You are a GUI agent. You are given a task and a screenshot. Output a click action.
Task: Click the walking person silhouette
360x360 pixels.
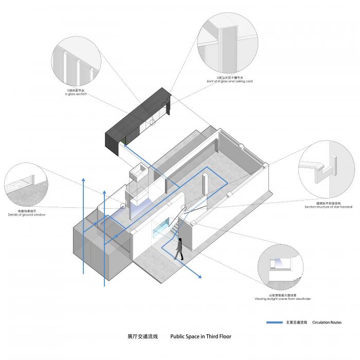178,249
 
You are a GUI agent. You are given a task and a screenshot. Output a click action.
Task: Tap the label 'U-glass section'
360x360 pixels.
76,95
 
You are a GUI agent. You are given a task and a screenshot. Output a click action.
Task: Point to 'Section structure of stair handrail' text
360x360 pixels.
324,207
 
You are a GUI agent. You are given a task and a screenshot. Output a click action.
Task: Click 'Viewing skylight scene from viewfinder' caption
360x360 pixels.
282,299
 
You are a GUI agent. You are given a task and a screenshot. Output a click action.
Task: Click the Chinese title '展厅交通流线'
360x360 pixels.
141,337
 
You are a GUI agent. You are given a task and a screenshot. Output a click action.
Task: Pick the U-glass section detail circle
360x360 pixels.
76,63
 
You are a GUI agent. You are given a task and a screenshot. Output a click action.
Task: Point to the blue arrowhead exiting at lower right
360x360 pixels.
200,278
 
